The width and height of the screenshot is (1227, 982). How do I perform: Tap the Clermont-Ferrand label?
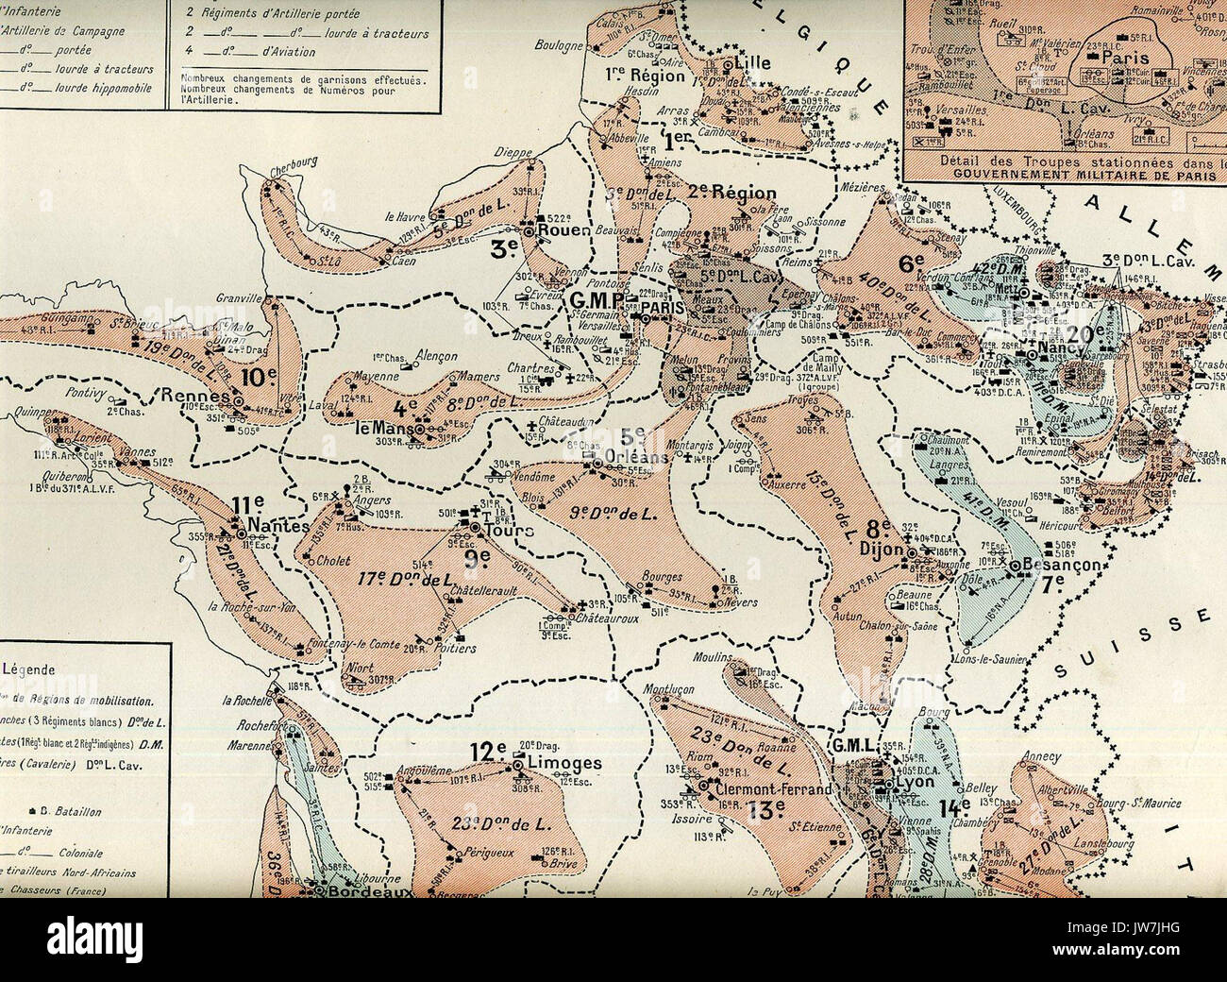773,789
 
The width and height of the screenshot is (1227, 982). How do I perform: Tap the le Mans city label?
377,426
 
